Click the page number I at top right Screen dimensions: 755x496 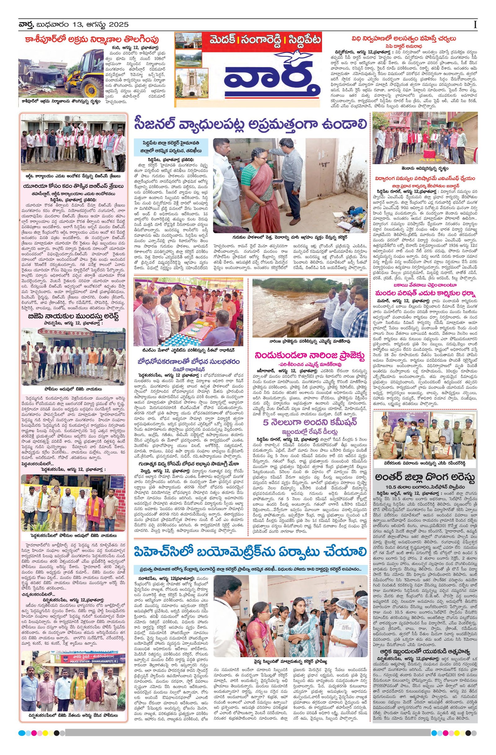coord(475,25)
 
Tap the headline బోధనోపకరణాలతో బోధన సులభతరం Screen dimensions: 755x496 coord(188,362)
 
